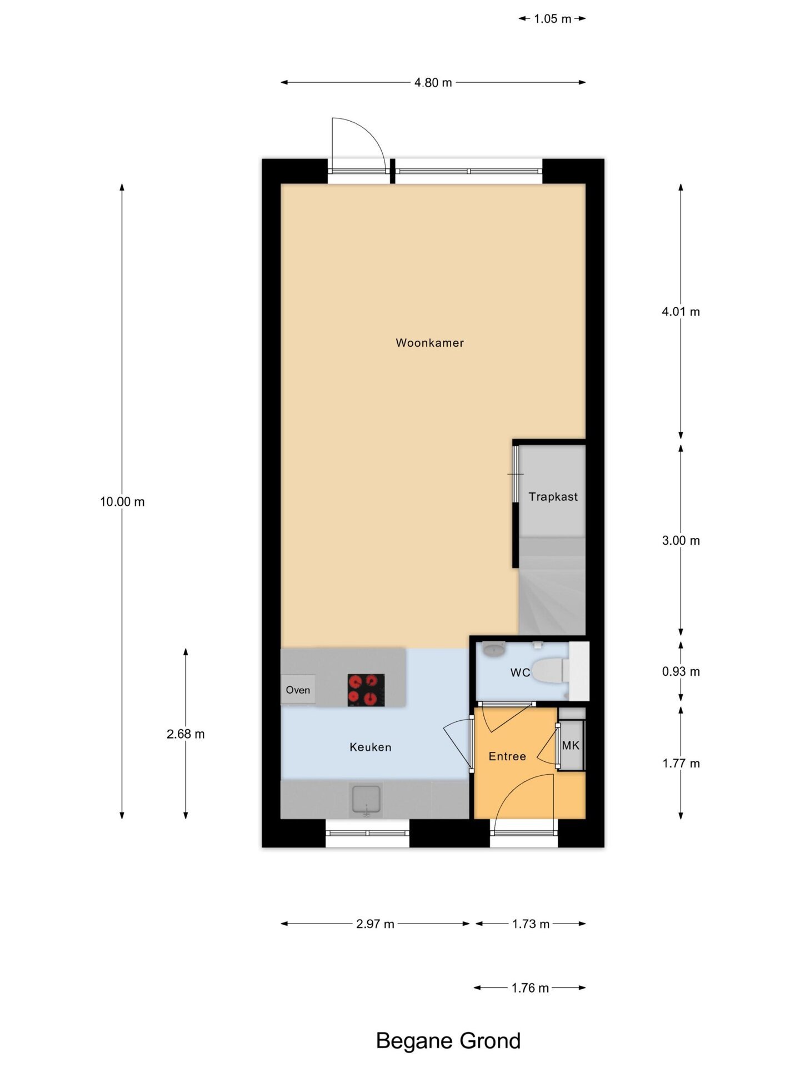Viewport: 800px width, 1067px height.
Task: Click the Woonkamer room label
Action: coord(429,343)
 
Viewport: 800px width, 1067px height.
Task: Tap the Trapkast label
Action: coord(553,497)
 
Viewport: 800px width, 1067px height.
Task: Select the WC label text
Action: coord(520,672)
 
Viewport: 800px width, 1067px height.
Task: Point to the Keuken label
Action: coord(371,747)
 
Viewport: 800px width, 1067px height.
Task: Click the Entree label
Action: coord(507,756)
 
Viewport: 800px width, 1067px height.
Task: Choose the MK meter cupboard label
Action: coord(571,745)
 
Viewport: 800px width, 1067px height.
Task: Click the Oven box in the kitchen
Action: coord(298,690)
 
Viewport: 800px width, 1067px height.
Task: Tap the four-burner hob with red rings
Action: coord(366,690)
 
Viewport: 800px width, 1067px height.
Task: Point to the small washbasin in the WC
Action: coord(493,649)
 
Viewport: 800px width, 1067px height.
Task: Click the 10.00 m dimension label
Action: coord(122,502)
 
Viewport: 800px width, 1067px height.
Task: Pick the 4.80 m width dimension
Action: coord(433,83)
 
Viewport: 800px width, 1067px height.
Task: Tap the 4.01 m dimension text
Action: coord(681,312)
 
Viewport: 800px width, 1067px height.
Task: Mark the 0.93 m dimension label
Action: coord(681,671)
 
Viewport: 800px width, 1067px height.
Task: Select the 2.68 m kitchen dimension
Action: coord(186,734)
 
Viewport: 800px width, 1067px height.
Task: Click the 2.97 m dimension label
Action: coord(376,924)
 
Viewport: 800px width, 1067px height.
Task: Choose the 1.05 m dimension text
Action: coord(553,19)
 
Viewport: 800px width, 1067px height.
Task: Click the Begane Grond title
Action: coord(448,1041)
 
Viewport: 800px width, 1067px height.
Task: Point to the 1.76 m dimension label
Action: coord(530,988)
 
